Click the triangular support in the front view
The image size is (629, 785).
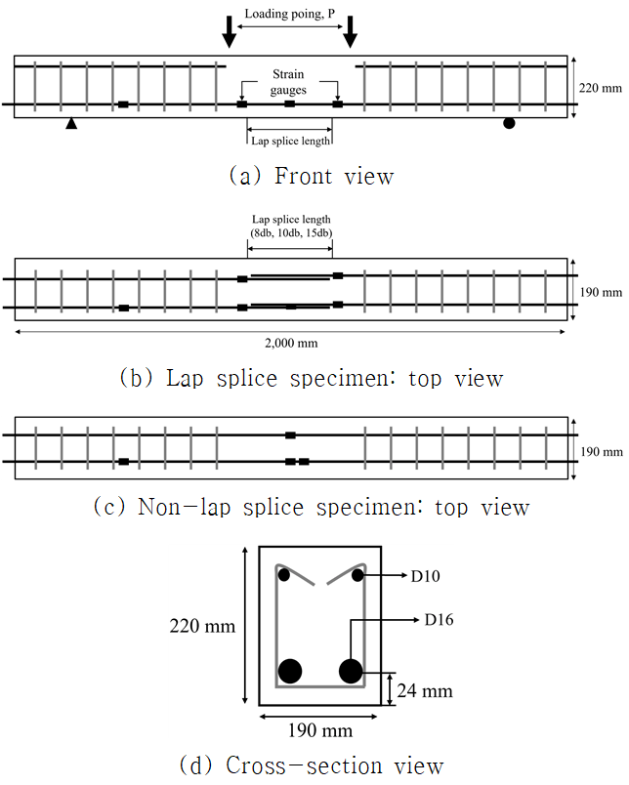(70, 124)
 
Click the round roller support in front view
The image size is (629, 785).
(508, 123)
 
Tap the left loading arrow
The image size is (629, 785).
(229, 31)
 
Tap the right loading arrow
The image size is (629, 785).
(350, 31)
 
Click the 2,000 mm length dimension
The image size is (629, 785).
(290, 343)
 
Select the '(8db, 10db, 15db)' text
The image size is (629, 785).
(290, 232)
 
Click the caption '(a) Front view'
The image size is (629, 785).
(310, 177)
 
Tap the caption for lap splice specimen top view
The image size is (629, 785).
(311, 378)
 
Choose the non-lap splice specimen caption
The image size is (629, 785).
(311, 508)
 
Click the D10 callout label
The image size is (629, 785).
(425, 576)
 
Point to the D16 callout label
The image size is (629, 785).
(440, 619)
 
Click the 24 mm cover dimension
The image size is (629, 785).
(425, 690)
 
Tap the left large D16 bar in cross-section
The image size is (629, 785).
(290, 671)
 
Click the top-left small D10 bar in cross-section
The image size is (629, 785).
(284, 575)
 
